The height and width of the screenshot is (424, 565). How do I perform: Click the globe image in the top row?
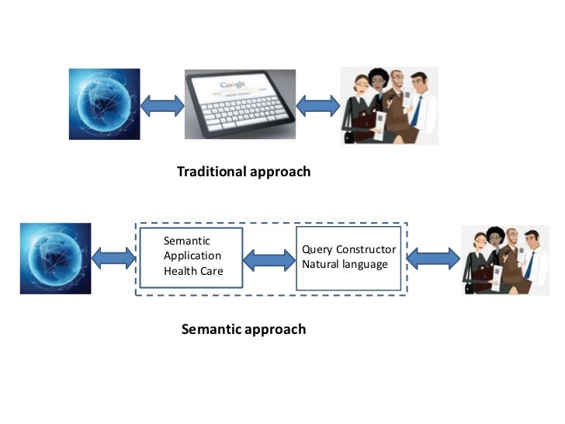point(104,104)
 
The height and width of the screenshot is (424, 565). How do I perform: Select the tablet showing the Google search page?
point(239,105)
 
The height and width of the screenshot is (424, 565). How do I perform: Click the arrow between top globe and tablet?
point(162,104)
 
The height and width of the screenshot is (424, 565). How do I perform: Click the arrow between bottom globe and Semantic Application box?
point(114,257)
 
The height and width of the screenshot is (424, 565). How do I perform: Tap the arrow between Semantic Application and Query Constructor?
point(270,257)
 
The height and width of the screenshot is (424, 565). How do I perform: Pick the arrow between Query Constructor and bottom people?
point(432,257)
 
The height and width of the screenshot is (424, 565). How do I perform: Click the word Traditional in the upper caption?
point(210,172)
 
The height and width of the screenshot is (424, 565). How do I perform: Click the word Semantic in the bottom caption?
point(210,329)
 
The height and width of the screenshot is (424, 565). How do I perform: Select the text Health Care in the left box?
point(193,271)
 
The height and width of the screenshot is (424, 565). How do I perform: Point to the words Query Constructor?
point(348,249)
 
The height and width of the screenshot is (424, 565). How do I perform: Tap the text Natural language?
point(345,265)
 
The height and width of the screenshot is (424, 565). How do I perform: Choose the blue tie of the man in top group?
point(417,113)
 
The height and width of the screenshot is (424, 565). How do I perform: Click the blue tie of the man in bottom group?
point(529,266)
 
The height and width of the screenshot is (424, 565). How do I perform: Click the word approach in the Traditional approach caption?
point(280,172)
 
